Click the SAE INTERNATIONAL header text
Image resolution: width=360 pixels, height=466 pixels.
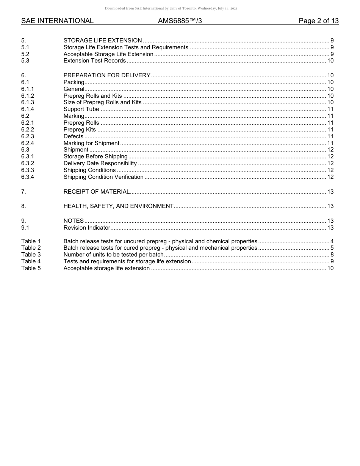click(57, 21)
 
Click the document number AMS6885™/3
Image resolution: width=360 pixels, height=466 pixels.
click(180, 21)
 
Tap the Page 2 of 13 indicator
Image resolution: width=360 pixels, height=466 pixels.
click(318, 21)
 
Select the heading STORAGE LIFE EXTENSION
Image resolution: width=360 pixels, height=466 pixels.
click(103, 41)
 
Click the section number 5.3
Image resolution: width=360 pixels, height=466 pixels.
click(25, 61)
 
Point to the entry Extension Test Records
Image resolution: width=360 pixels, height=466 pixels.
click(94, 61)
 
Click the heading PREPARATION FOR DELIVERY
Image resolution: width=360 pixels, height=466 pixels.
click(107, 75)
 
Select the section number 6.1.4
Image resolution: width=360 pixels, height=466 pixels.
click(28, 109)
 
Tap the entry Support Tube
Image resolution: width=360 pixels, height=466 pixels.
click(81, 109)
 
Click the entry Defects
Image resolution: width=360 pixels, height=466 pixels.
click(73, 136)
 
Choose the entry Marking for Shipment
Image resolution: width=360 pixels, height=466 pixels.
click(91, 143)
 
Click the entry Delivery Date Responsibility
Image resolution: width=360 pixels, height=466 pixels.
click(100, 164)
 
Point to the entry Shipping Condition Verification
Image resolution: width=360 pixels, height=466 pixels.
click(103, 177)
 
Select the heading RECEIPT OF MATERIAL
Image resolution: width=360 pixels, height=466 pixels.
click(97, 192)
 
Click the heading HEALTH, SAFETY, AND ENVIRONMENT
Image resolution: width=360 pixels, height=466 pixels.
click(118, 206)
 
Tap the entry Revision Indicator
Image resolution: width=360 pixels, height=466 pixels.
click(87, 228)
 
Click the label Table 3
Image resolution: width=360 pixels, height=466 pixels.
click(31, 255)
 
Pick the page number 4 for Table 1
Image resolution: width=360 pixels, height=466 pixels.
click(332, 241)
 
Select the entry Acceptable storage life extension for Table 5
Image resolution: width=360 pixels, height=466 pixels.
click(106, 268)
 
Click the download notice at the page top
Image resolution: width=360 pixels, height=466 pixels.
click(171, 8)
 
